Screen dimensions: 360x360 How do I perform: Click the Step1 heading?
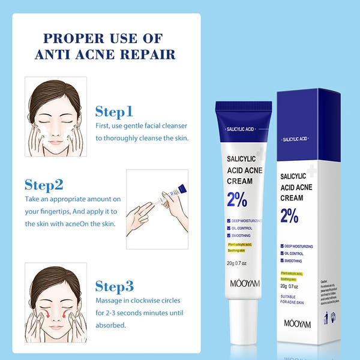point(114,112)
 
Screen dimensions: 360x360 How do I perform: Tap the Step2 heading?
point(44,184)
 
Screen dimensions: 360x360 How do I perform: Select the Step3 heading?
point(115,285)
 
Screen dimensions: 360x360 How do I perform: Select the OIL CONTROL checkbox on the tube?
point(229,228)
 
